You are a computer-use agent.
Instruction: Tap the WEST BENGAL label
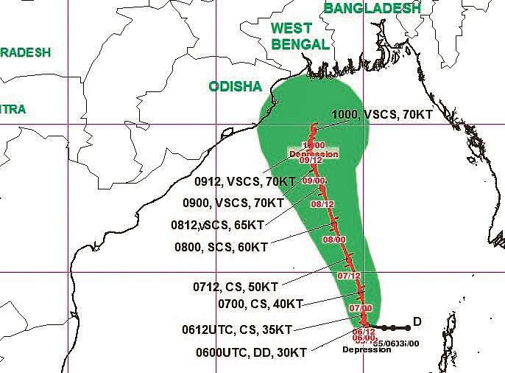coord(300,36)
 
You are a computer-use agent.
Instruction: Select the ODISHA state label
coord(235,87)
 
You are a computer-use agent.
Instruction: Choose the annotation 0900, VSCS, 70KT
coord(233,202)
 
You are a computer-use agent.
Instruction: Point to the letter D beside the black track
coord(417,321)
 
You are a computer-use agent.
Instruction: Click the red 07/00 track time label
coord(361,307)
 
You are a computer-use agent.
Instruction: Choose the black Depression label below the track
coord(366,349)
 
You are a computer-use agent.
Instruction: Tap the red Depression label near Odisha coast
coord(314,154)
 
